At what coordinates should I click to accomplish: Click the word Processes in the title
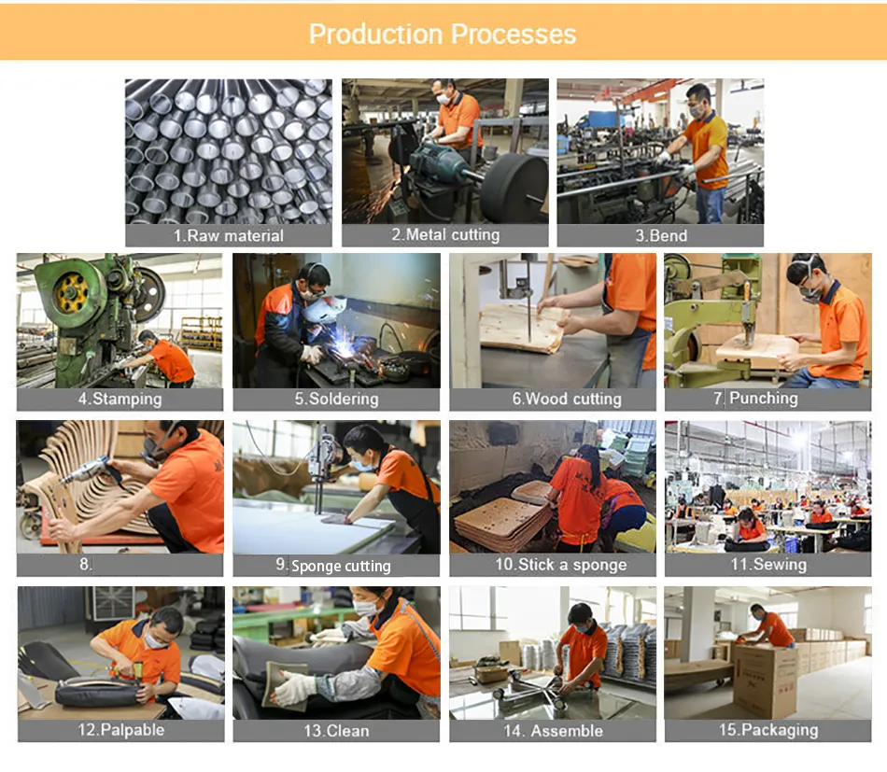pyautogui.click(x=511, y=35)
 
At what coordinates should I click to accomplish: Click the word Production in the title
pyautogui.click(x=375, y=35)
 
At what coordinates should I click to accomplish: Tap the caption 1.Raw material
pyautogui.click(x=229, y=235)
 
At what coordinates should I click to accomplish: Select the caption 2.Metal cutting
pyautogui.click(x=445, y=235)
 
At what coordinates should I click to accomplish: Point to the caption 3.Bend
pyautogui.click(x=661, y=235)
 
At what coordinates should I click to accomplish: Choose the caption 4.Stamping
pyautogui.click(x=120, y=399)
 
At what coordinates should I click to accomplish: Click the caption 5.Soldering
pyautogui.click(x=336, y=399)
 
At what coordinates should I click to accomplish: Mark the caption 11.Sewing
pyautogui.click(x=767, y=565)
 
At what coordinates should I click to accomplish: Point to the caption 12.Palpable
pyautogui.click(x=120, y=730)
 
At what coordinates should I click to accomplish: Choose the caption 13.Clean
pyautogui.click(x=336, y=730)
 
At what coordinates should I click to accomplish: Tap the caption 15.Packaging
pyautogui.click(x=767, y=730)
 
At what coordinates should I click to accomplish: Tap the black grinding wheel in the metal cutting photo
pyautogui.click(x=514, y=187)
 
